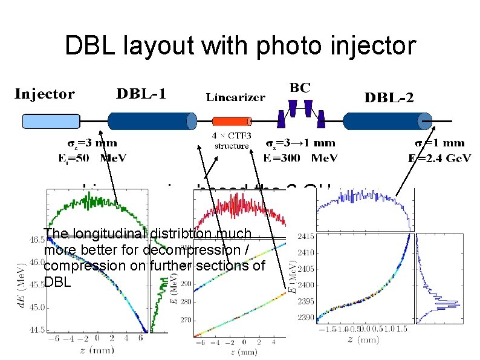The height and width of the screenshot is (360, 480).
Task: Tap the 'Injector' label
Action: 45,94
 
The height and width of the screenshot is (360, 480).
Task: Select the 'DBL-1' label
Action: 141,94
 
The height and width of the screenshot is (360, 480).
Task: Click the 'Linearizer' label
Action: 235,97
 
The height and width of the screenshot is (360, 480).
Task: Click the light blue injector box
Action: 51,122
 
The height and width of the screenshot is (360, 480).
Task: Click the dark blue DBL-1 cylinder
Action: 151,121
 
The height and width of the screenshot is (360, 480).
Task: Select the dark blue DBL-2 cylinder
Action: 387,121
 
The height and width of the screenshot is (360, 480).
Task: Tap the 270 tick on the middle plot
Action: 184,320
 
